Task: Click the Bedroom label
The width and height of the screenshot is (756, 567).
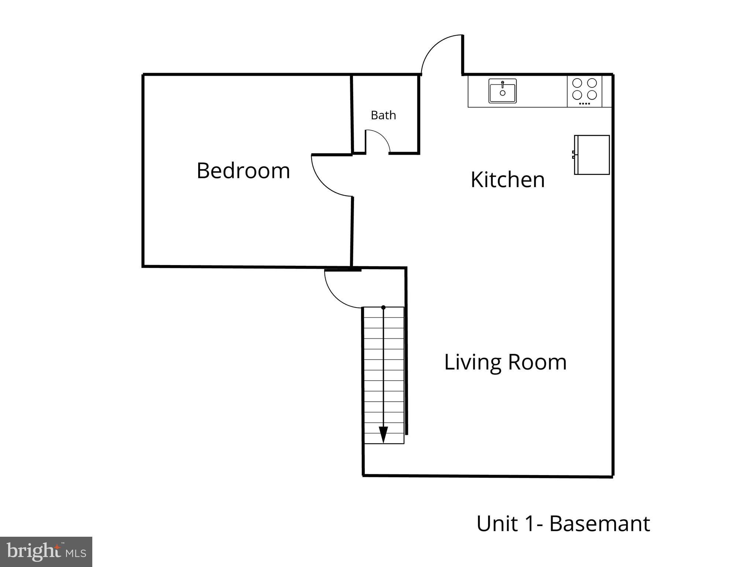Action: [x=243, y=171]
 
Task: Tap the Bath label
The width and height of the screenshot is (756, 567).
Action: [x=383, y=115]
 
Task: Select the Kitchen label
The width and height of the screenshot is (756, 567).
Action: [x=508, y=180]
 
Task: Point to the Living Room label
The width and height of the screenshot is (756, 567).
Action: [x=505, y=362]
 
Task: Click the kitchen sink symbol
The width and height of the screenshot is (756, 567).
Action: [x=502, y=91]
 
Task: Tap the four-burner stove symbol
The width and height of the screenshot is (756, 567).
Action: [x=584, y=91]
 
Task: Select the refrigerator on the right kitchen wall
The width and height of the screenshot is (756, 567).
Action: [x=592, y=155]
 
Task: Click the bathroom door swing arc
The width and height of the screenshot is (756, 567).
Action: [x=382, y=136]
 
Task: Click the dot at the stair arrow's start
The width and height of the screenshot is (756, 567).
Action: [x=384, y=307]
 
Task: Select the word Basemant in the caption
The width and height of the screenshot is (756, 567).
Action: [x=599, y=523]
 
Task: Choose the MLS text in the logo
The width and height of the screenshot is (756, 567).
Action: [x=76, y=553]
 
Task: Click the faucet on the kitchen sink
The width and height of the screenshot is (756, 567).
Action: [x=502, y=84]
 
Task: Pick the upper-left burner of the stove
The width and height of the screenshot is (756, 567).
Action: [x=577, y=83]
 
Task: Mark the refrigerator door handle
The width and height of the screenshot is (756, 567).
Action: [x=573, y=155]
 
